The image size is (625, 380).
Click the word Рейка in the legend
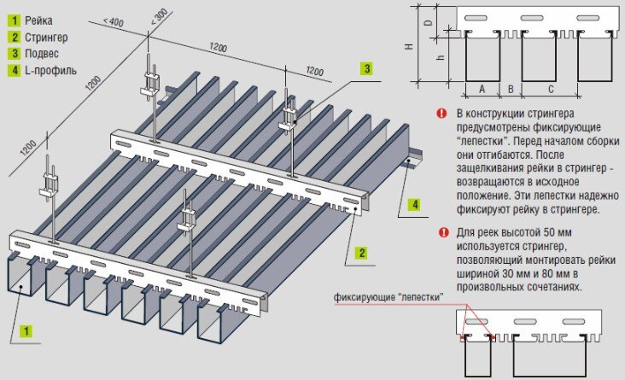pyautogui.click(x=39, y=19)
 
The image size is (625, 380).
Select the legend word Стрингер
pyautogui.click(x=46, y=37)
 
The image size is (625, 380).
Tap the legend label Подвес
pyautogui.click(x=41, y=53)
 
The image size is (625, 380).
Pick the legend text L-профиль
pyautogui.click(x=50, y=70)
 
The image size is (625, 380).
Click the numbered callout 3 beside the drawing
pyautogui.click(x=365, y=68)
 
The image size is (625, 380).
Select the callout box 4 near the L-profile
pyautogui.click(x=412, y=204)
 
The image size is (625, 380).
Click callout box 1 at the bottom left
pyautogui.click(x=26, y=329)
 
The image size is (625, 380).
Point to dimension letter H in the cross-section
pyautogui.click(x=409, y=47)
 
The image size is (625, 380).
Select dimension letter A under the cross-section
pyautogui.click(x=482, y=88)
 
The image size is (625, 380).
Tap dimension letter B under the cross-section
pyautogui.click(x=511, y=88)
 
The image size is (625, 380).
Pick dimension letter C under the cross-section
pyautogui.click(x=550, y=88)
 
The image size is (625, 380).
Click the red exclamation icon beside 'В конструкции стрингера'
pyautogui.click(x=441, y=113)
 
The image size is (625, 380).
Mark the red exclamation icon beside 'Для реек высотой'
pyautogui.click(x=441, y=231)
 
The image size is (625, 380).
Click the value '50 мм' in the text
pyautogui.click(x=553, y=231)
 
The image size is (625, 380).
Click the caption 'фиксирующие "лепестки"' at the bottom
pyautogui.click(x=388, y=297)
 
